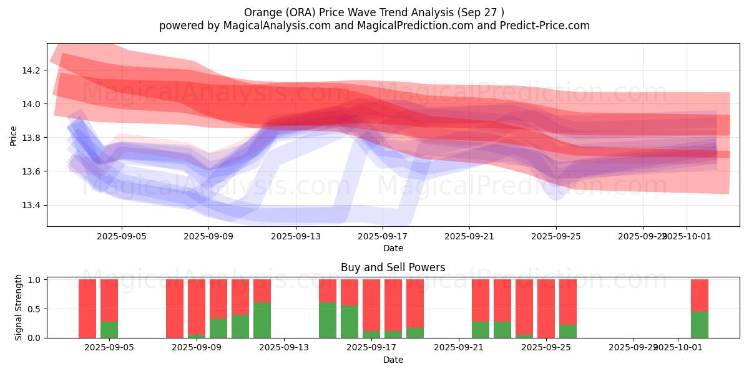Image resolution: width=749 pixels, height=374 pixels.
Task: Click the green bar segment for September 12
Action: click(x=262, y=320)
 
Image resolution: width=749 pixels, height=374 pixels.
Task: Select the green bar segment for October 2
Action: click(x=700, y=324)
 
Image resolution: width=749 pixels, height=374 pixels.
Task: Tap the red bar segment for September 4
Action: click(x=87, y=308)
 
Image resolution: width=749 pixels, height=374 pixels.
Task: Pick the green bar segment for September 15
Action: click(x=328, y=320)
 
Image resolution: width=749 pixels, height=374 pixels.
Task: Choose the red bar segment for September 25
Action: click(x=546, y=308)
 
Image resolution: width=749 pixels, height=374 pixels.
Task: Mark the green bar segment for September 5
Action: click(x=109, y=330)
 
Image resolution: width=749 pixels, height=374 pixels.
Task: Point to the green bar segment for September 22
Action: click(x=481, y=330)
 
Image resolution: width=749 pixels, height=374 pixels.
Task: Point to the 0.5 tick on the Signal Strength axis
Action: click(x=35, y=309)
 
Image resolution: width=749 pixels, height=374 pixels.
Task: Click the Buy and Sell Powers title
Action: click(x=393, y=267)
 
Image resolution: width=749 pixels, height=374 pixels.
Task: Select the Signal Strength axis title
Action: click(x=19, y=307)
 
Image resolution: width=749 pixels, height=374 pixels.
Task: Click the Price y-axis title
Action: click(x=14, y=135)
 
